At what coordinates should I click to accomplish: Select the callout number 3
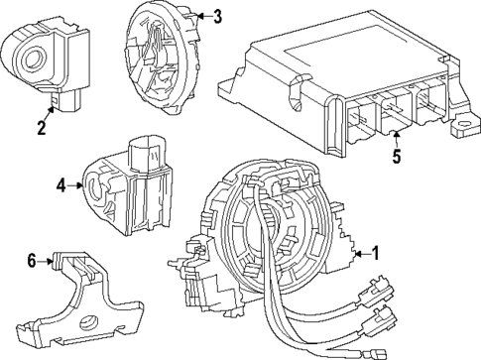(x=217, y=16)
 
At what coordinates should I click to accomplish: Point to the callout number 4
(x=61, y=183)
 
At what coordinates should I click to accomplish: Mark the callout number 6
(x=32, y=260)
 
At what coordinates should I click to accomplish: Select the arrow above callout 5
(x=396, y=137)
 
